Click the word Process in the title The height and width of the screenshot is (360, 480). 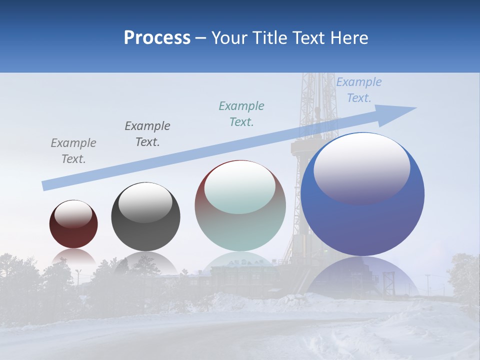pyautogui.click(x=157, y=38)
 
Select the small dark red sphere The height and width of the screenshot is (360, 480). pyautogui.click(x=73, y=224)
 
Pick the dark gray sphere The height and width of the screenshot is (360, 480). pyautogui.click(x=145, y=216)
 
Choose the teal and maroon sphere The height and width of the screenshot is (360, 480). pyautogui.click(x=240, y=205)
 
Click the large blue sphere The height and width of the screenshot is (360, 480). pyautogui.click(x=362, y=194)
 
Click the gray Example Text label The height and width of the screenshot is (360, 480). pyautogui.click(x=73, y=151)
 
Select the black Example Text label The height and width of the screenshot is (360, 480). pyautogui.click(x=147, y=134)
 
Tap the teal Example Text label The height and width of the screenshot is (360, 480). pyautogui.click(x=241, y=114)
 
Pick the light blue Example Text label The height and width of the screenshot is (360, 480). pyautogui.click(x=359, y=90)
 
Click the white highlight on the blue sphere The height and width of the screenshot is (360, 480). pyautogui.click(x=361, y=167)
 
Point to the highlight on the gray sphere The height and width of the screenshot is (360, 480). pyautogui.click(x=145, y=202)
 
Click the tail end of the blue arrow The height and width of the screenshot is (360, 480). pyautogui.click(x=46, y=185)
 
